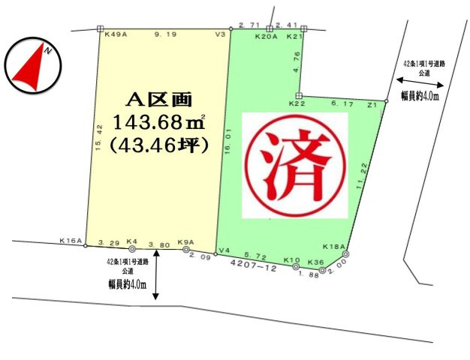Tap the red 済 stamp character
(296, 164)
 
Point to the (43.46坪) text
(158, 142)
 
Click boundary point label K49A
(116, 34)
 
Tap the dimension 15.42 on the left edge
(98, 139)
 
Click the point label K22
(298, 104)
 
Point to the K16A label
(71, 241)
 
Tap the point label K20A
(267, 35)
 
